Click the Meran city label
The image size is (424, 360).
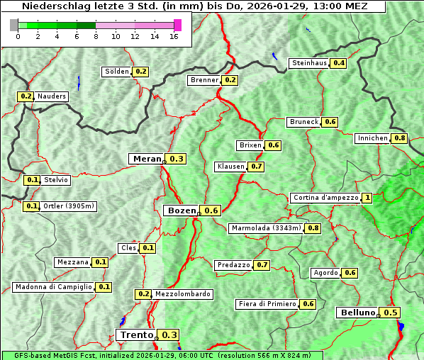click(147, 159)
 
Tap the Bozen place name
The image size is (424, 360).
click(181, 210)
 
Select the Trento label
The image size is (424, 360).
click(136, 335)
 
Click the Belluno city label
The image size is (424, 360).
click(357, 313)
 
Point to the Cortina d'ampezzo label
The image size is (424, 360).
click(325, 198)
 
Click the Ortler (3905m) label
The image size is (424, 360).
click(69, 206)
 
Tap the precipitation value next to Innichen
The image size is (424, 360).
click(400, 138)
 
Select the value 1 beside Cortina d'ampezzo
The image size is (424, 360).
click(367, 198)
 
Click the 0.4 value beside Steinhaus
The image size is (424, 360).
click(339, 63)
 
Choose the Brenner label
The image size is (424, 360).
click(204, 80)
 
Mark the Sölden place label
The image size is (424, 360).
click(117, 72)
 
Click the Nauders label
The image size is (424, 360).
click(52, 96)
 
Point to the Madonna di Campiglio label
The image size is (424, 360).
click(53, 287)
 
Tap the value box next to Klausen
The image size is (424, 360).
click(257, 167)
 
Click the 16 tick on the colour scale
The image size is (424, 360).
click(174, 36)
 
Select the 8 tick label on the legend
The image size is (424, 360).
click(96, 36)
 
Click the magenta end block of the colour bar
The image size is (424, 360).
click(177, 25)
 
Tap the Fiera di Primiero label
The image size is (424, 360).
click(267, 304)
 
